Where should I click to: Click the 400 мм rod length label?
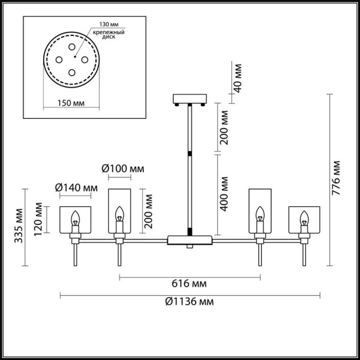point(224,193)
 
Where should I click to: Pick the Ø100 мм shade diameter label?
point(125,169)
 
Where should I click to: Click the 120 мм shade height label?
point(38,219)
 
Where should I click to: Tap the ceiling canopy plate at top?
point(189,98)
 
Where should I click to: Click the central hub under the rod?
point(189,240)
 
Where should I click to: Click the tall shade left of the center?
point(118,211)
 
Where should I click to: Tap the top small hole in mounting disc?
point(71,46)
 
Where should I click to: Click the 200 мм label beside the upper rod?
point(224,128)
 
